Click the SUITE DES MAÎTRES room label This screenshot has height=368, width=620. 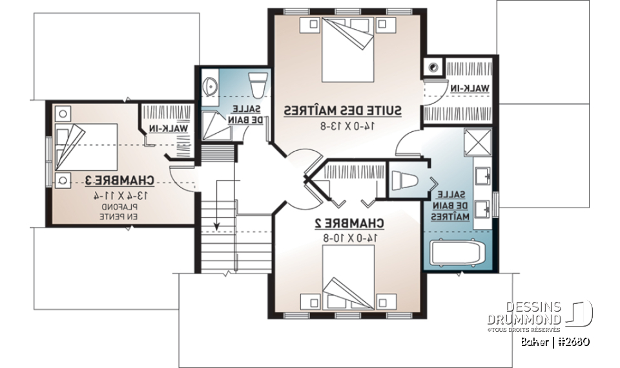click(x=343, y=111)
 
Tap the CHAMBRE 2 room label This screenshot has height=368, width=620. click(x=349, y=224)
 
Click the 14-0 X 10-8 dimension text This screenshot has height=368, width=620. click(x=349, y=238)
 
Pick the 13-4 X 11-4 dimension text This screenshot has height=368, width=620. click(x=121, y=195)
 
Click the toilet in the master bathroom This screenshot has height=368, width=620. click(x=406, y=180)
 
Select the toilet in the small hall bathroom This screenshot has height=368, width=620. click(x=258, y=82)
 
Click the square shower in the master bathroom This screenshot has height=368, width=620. click(x=477, y=142)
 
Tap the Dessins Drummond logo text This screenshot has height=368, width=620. click(x=524, y=313)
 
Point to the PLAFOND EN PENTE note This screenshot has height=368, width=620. click(x=117, y=212)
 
